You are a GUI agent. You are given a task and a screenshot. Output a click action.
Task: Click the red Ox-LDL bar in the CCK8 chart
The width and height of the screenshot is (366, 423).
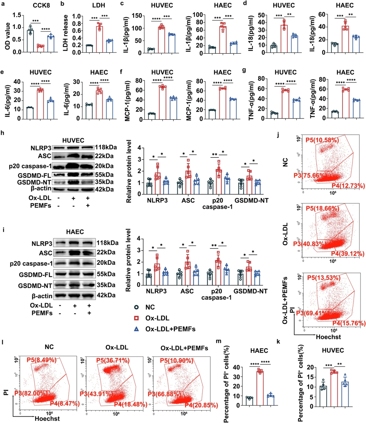click(x=40, y=49)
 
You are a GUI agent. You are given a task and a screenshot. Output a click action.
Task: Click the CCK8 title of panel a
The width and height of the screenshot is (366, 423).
click(x=41, y=6)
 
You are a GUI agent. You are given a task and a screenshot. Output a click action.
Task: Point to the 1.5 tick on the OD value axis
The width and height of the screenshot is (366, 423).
click(x=17, y=15)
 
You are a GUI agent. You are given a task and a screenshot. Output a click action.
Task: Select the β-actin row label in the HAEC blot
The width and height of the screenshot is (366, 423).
click(x=42, y=296)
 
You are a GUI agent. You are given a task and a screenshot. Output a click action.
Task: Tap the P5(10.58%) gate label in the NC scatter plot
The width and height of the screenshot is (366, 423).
click(x=322, y=140)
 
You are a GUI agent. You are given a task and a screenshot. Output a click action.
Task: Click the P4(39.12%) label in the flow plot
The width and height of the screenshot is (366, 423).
click(x=348, y=254)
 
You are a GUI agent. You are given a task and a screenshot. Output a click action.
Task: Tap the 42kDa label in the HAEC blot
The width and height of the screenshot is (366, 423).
click(x=106, y=295)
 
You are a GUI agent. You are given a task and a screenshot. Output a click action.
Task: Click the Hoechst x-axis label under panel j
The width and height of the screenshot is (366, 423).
click(x=328, y=337)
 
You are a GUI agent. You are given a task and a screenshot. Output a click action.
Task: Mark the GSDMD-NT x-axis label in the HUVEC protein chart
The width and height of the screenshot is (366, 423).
click(x=251, y=201)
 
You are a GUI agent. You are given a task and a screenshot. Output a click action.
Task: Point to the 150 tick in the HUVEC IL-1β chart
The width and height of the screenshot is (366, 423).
click(x=137, y=16)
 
